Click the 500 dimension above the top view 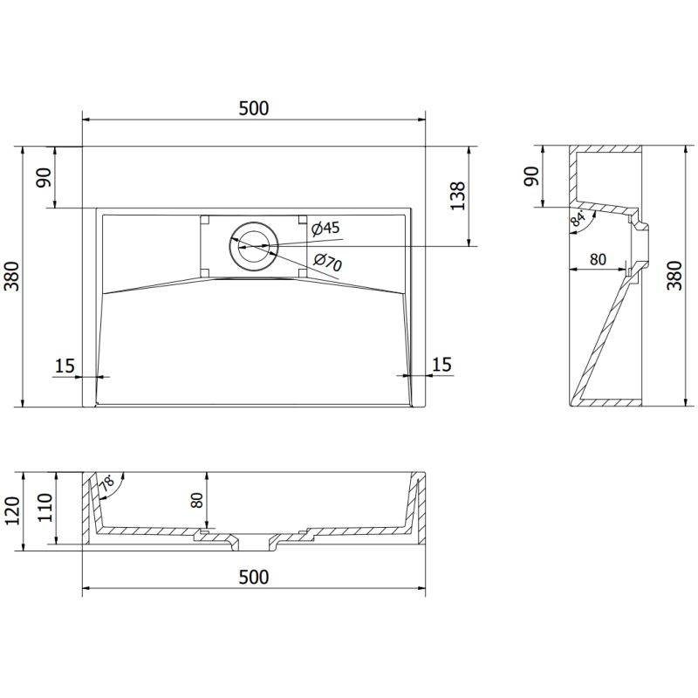[x=252, y=108]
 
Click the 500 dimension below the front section [x=252, y=577]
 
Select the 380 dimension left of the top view [x=12, y=277]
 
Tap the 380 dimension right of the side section [x=676, y=277]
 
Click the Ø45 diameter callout [x=325, y=229]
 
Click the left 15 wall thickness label [x=65, y=365]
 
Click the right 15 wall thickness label [x=441, y=365]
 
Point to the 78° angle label [x=106, y=482]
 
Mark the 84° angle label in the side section [x=577, y=219]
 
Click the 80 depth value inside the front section [x=197, y=501]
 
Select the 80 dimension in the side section [x=598, y=259]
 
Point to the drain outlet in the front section [x=254, y=543]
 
